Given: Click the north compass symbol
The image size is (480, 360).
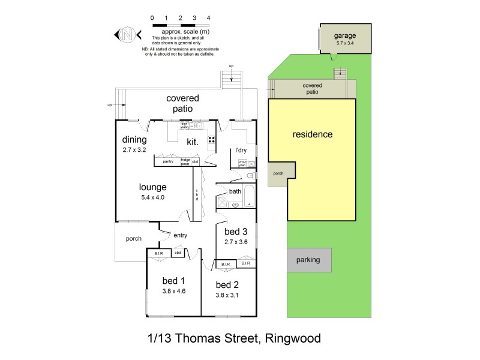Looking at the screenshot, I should point(127,34).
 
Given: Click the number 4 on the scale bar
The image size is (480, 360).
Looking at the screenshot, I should point(208,19).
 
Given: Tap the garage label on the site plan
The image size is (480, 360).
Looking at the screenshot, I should point(345,35).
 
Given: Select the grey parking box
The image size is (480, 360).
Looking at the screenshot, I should point(308,260).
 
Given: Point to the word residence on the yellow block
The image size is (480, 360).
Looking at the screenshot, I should point(312,134).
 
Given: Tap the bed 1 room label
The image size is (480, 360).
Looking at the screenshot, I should point(174,281).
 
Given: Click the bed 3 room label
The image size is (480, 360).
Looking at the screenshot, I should point(236,232).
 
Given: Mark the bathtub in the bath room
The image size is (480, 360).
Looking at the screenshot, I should point(249,197).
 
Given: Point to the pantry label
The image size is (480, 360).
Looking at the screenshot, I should point(167,161).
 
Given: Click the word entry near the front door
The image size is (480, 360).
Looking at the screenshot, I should point(180,235).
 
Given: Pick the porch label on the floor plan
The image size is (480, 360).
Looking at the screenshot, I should point(133,239).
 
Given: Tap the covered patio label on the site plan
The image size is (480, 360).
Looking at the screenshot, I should point(311,89).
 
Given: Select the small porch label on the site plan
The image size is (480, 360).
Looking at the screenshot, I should point(278,173).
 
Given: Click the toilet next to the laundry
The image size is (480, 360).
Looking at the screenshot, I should point(249,175).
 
